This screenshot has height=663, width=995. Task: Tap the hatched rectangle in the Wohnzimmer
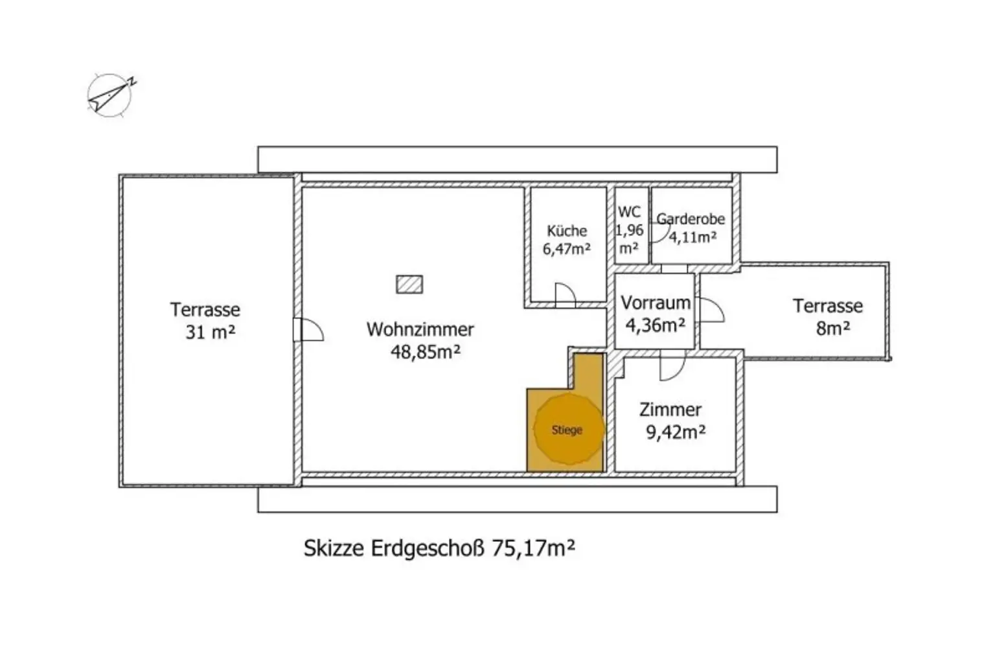point(409,285)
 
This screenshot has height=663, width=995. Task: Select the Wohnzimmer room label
point(420,329)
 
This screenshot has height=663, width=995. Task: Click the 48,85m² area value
point(426,352)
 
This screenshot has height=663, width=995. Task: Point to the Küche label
point(567,231)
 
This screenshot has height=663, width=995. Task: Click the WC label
point(629,212)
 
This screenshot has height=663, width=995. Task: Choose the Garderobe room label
point(691,219)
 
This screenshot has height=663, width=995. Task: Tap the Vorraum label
point(656,303)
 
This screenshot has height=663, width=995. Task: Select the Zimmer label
point(670,410)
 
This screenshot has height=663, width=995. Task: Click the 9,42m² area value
point(676,432)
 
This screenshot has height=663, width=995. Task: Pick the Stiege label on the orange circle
point(567,430)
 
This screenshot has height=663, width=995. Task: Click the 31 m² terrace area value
point(211,332)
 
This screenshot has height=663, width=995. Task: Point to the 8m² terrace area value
point(833,329)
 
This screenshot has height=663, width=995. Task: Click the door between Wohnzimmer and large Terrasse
point(308,329)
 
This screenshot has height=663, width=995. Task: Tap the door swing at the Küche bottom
point(566,295)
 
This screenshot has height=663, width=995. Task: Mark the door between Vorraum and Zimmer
point(672,366)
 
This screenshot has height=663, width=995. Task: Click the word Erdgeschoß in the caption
point(428,549)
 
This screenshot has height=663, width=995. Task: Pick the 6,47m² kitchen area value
point(567,249)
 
